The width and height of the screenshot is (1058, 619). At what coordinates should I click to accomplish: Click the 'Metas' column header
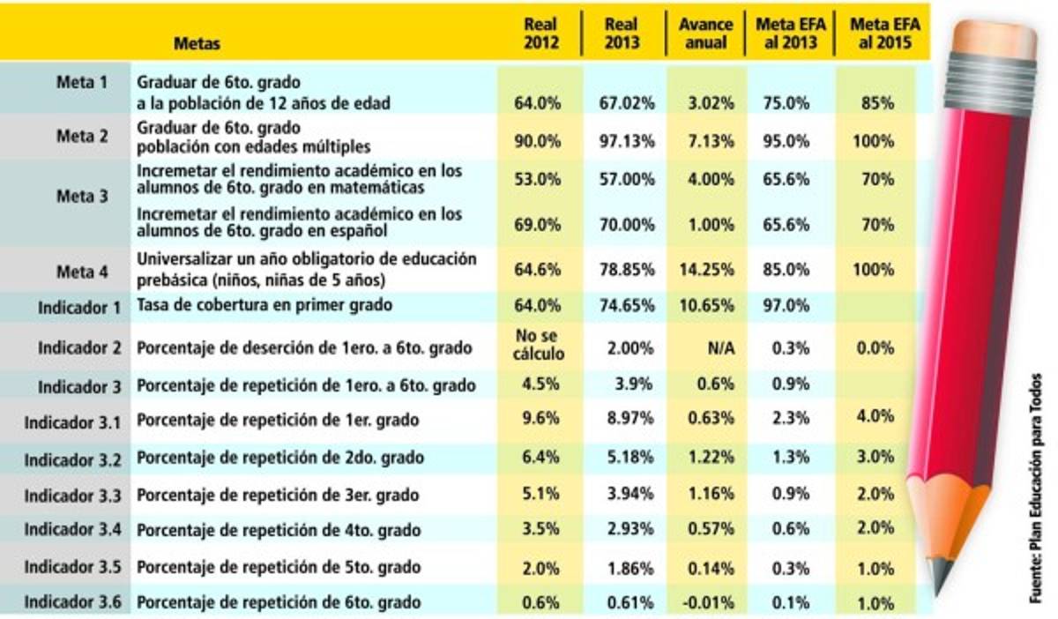click(197, 42)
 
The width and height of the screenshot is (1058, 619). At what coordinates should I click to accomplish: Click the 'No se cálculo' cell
click(538, 346)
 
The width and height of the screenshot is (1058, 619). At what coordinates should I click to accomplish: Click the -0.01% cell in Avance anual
click(708, 603)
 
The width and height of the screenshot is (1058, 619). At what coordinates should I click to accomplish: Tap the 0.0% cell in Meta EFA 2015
click(876, 348)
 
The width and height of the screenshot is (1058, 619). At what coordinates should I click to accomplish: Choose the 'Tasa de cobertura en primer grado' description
click(263, 305)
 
